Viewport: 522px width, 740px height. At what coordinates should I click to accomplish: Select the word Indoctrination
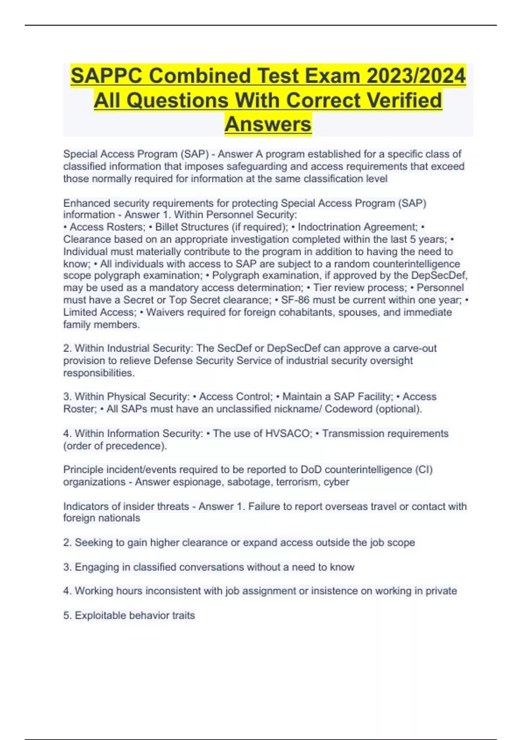[329, 227]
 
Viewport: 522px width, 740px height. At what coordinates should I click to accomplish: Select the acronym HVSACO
[289, 434]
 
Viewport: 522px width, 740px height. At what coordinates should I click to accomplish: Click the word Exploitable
[100, 616]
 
